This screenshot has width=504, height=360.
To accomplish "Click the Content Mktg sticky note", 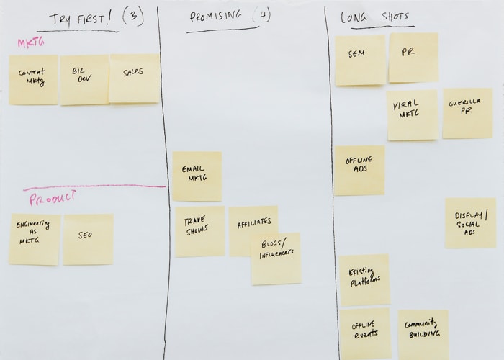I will coord(33,79).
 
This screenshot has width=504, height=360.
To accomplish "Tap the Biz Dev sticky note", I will coord(84,79).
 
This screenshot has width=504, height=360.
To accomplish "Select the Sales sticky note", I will coord(134,77).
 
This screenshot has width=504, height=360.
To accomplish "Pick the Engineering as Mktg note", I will coord(35,239).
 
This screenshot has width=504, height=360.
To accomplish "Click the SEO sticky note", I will coord(87,239).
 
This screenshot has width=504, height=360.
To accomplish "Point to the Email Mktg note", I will coord(197,176).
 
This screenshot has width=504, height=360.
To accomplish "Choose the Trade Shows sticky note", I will coord(199,230).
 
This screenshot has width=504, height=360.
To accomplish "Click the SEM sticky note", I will coord(359,60).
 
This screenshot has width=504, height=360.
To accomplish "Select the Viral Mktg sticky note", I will coord(412,114).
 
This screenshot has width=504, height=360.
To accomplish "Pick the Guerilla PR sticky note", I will coord(467,113).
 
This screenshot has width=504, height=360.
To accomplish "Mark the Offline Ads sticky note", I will coord(359,170).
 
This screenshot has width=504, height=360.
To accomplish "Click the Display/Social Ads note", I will coord(470,222).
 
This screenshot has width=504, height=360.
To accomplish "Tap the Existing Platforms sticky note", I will coord(364,279).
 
